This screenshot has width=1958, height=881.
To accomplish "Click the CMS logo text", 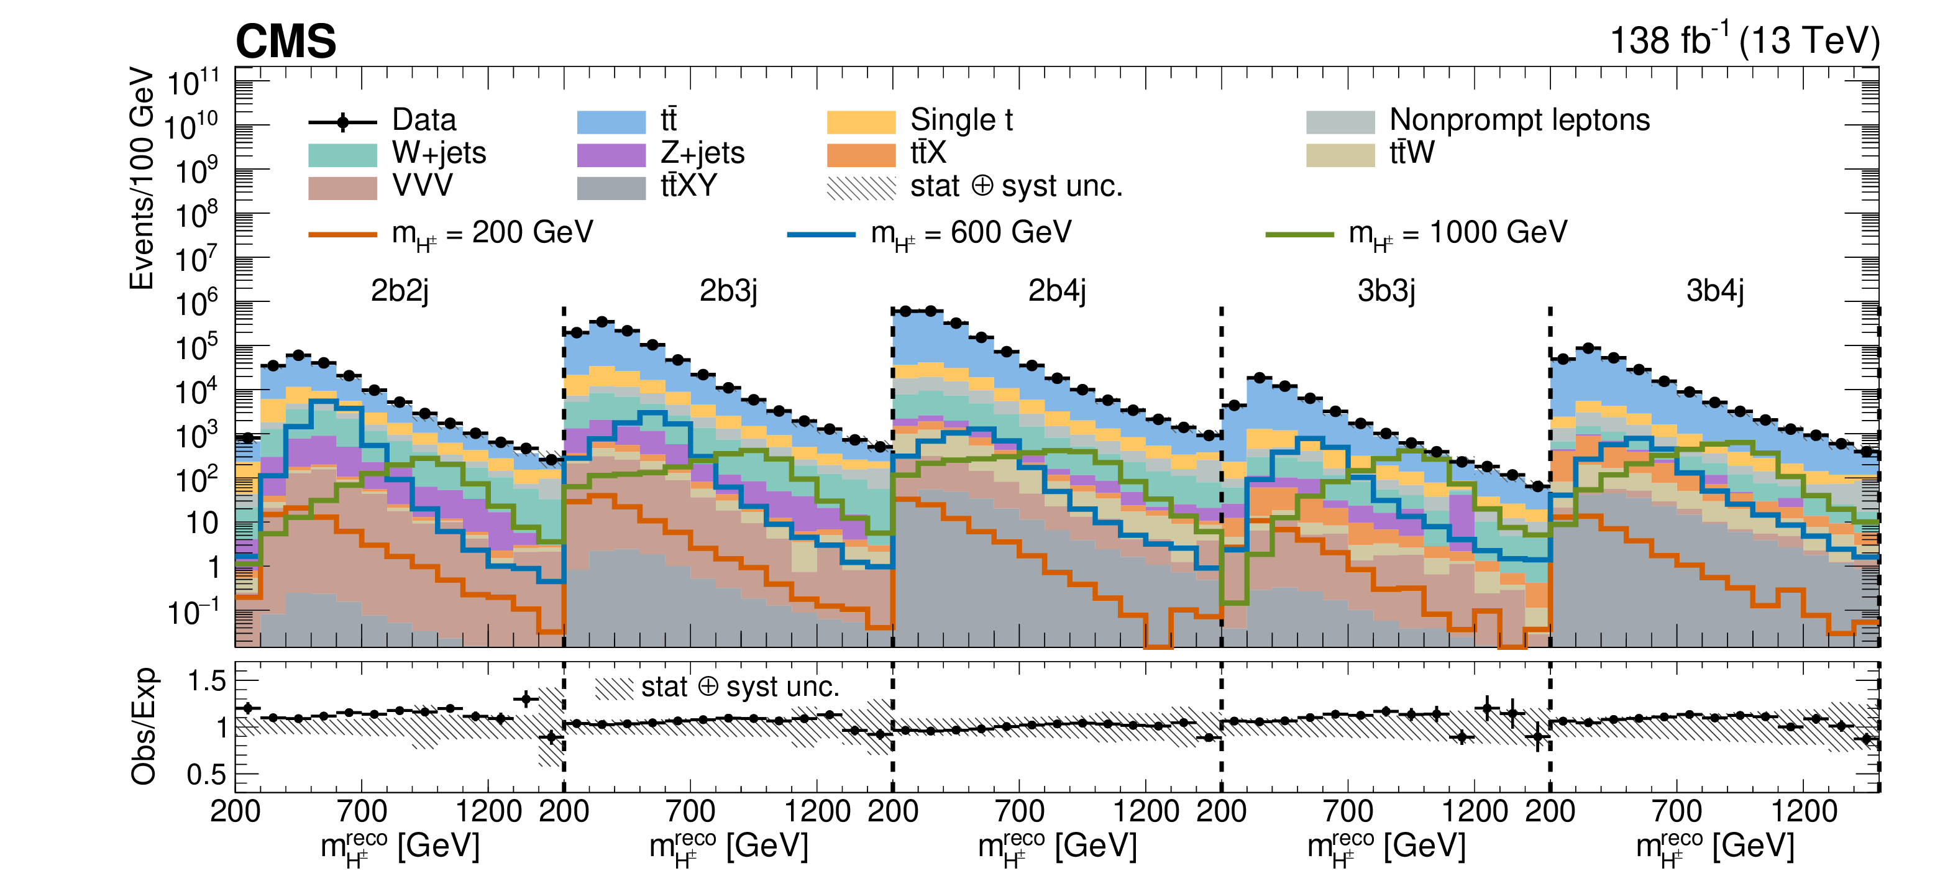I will point(286,41).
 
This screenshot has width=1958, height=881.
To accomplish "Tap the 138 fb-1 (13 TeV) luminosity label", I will point(1744,40).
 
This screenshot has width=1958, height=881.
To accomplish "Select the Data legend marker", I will point(343,122).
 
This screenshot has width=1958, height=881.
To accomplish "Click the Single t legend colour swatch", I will point(861,122).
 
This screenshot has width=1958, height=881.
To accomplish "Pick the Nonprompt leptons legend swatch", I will point(1340,122).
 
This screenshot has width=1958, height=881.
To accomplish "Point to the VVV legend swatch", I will point(342,188).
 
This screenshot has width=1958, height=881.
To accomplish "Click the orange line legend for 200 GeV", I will point(342,234).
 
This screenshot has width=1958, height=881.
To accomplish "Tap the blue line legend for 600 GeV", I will point(821,234).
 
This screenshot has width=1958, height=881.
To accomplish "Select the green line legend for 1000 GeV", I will point(1299,234).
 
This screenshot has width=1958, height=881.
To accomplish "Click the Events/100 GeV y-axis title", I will point(142,179).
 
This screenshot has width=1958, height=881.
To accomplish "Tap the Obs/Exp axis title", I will point(143,727).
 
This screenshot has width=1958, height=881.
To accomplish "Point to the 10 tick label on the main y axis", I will point(202,524).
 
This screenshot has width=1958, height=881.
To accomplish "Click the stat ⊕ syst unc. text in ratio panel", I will point(740,687).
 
